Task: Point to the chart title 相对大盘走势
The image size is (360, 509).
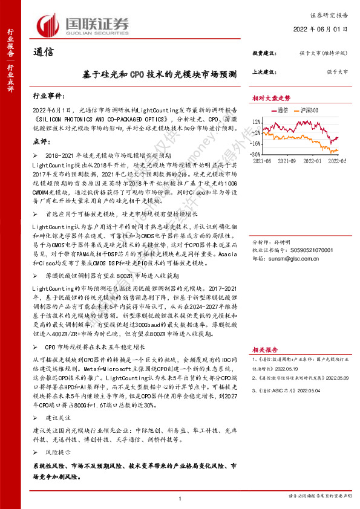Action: tap(272, 97)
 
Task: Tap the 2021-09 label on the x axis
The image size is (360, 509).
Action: tap(288, 161)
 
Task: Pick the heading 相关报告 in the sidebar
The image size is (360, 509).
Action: tap(266, 349)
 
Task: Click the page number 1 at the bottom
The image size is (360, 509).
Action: tap(180, 498)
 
